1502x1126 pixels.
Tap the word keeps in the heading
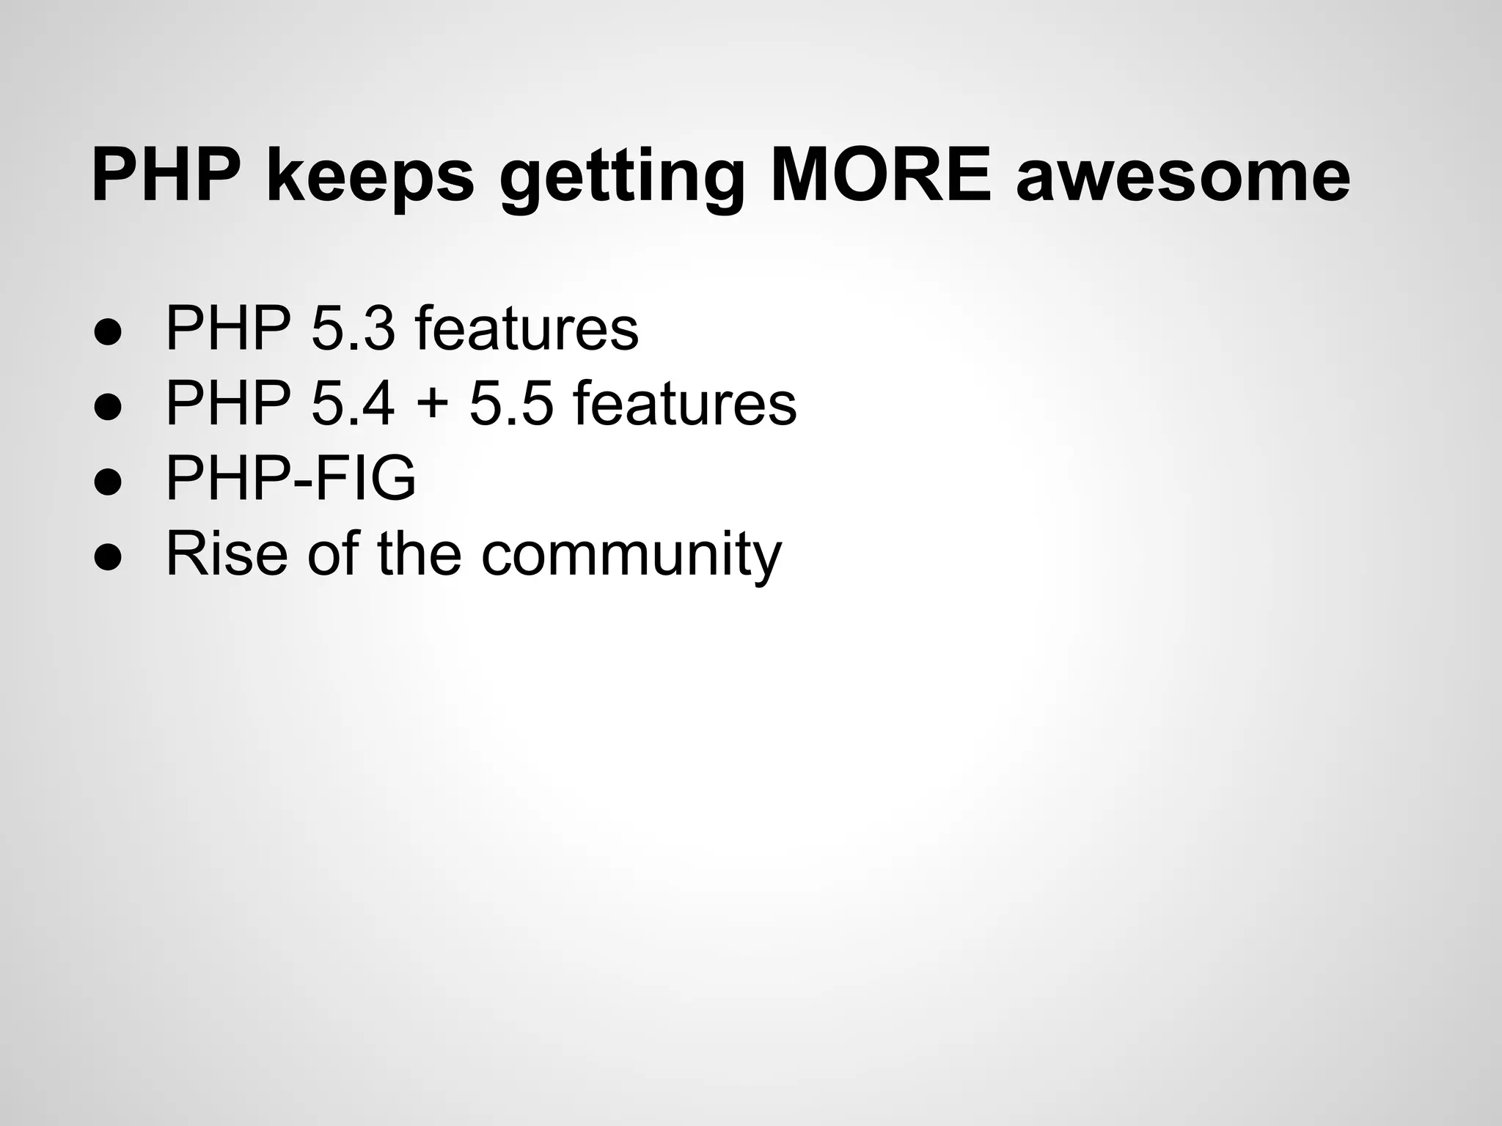click(x=370, y=180)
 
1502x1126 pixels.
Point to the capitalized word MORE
click(x=880, y=176)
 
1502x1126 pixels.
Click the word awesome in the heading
click(x=1182, y=180)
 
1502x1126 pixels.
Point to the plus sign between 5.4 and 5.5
click(x=431, y=405)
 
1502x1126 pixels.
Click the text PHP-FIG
click(x=290, y=478)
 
